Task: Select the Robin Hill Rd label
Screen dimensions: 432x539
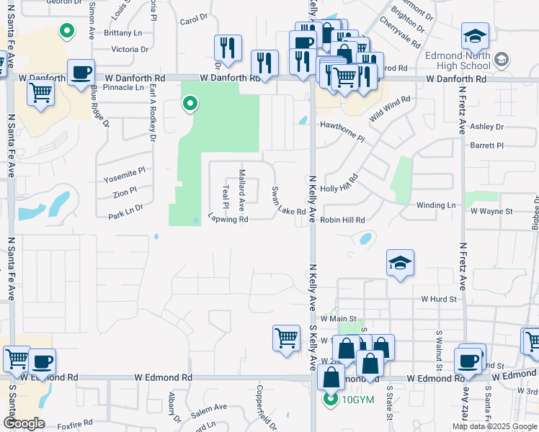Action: [x=343, y=220]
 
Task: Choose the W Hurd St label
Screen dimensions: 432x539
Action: [x=439, y=298]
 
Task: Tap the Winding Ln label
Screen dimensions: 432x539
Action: [x=436, y=205]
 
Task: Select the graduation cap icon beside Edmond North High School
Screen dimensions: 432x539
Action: [x=475, y=36]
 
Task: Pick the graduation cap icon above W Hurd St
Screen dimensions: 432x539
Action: [x=399, y=264]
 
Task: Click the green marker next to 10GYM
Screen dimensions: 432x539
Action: [x=331, y=400]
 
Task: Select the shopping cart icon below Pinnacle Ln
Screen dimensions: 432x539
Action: [x=41, y=92]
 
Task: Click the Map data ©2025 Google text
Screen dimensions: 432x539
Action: [x=494, y=426]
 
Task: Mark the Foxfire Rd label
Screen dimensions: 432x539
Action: [x=75, y=423]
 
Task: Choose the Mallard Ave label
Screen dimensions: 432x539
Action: [x=243, y=186]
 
